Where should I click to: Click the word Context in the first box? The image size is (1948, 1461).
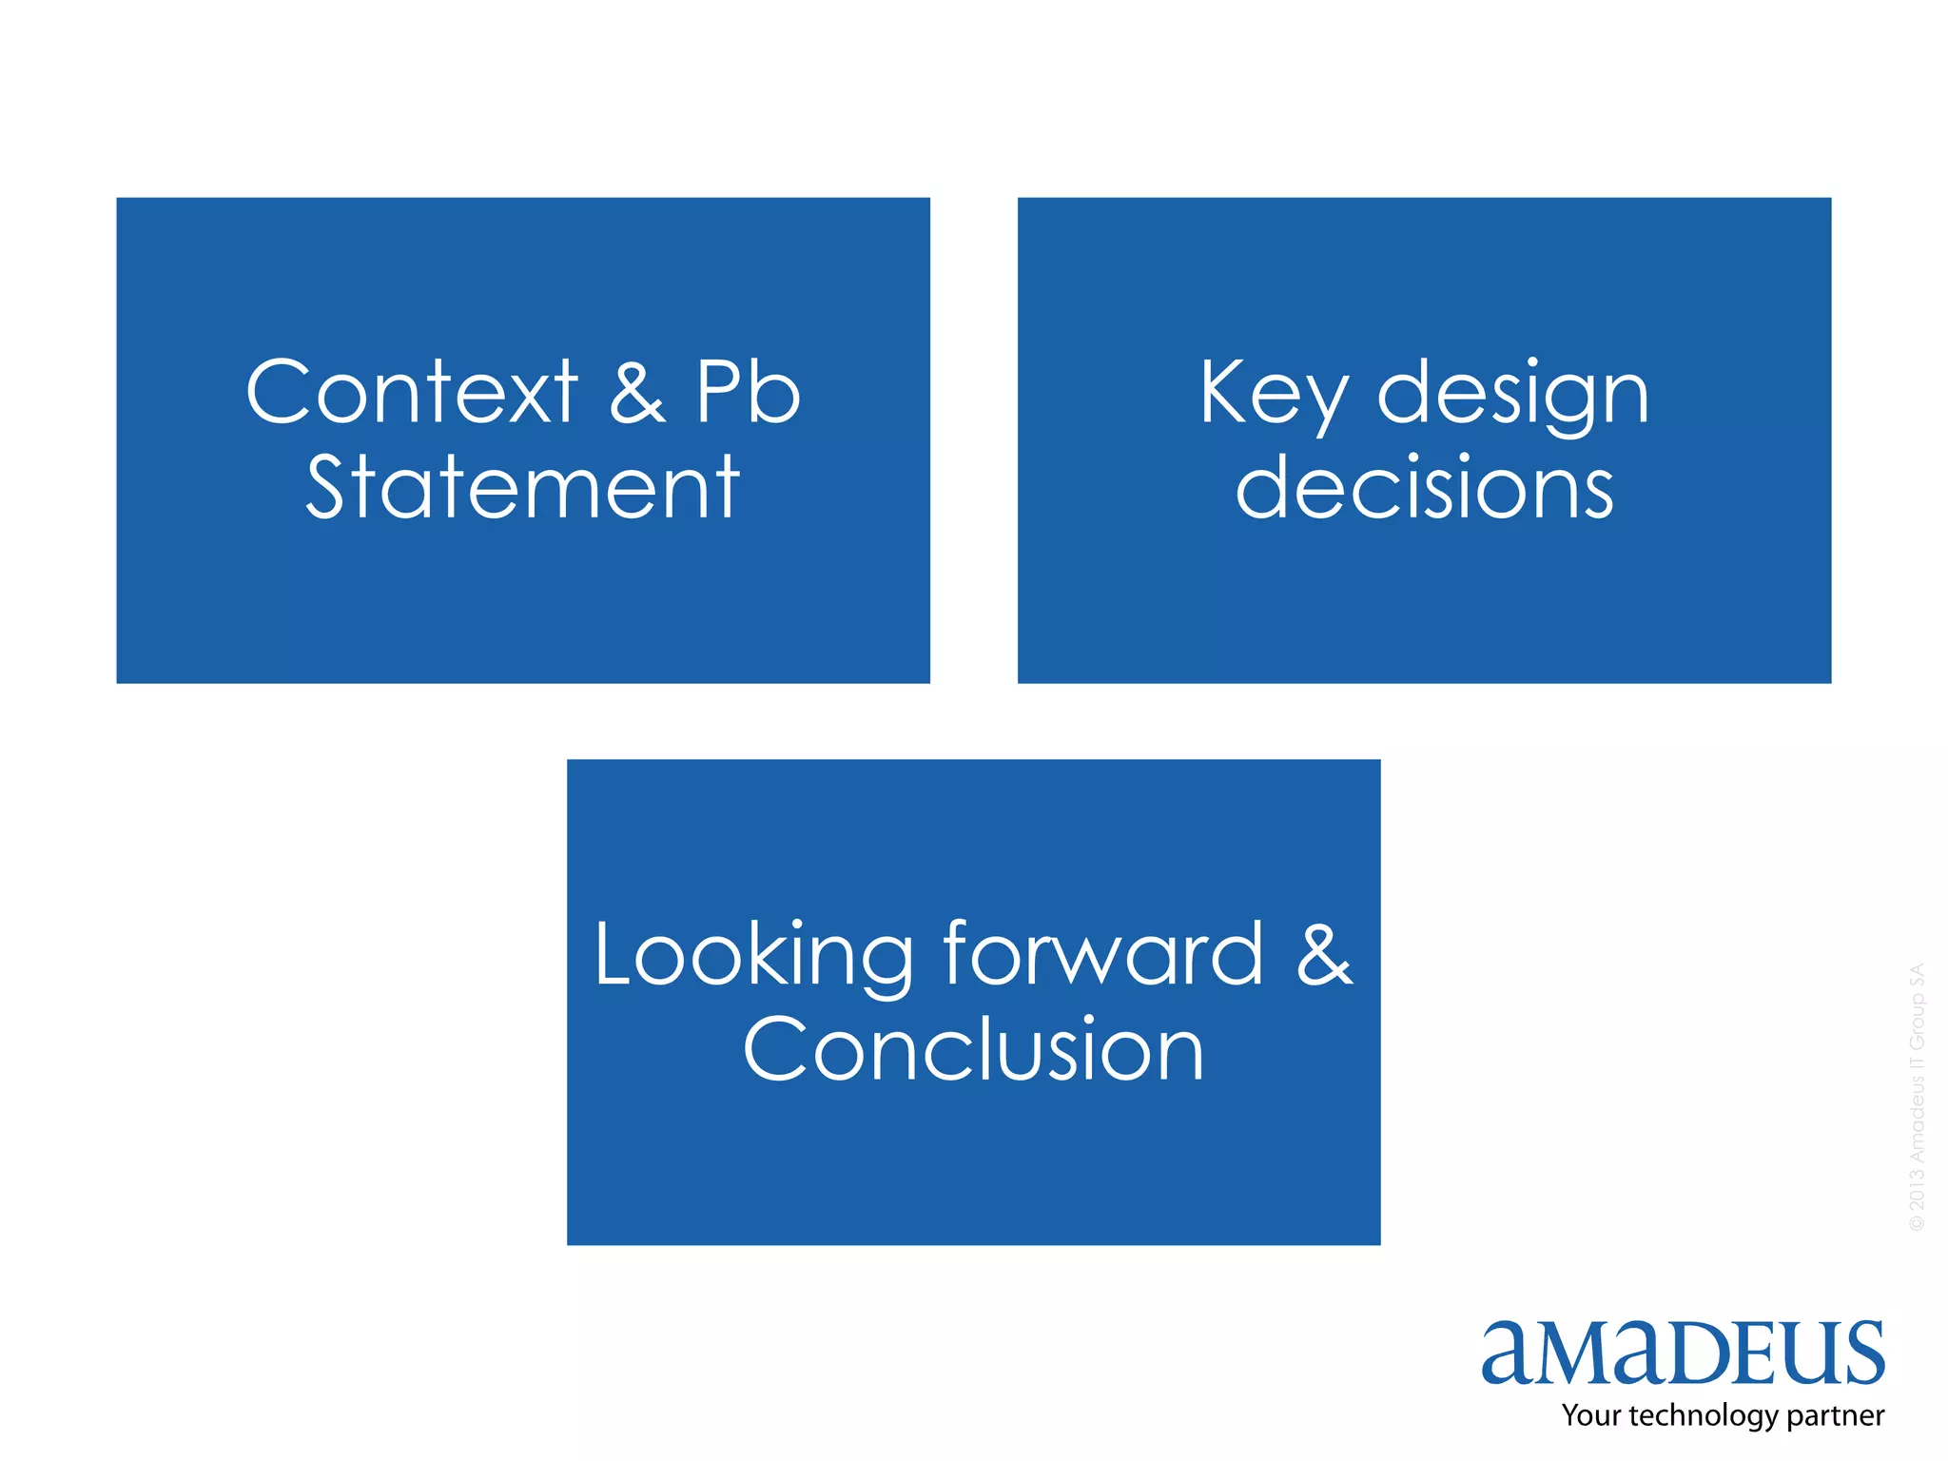pos(411,392)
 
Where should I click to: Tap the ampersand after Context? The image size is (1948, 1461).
pos(636,392)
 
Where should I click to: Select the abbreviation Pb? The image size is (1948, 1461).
pos(748,392)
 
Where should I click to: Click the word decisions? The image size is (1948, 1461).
pos(1424,487)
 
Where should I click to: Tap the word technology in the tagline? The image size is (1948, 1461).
pos(1703,1416)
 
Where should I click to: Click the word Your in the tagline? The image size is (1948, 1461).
pos(1591,1415)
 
